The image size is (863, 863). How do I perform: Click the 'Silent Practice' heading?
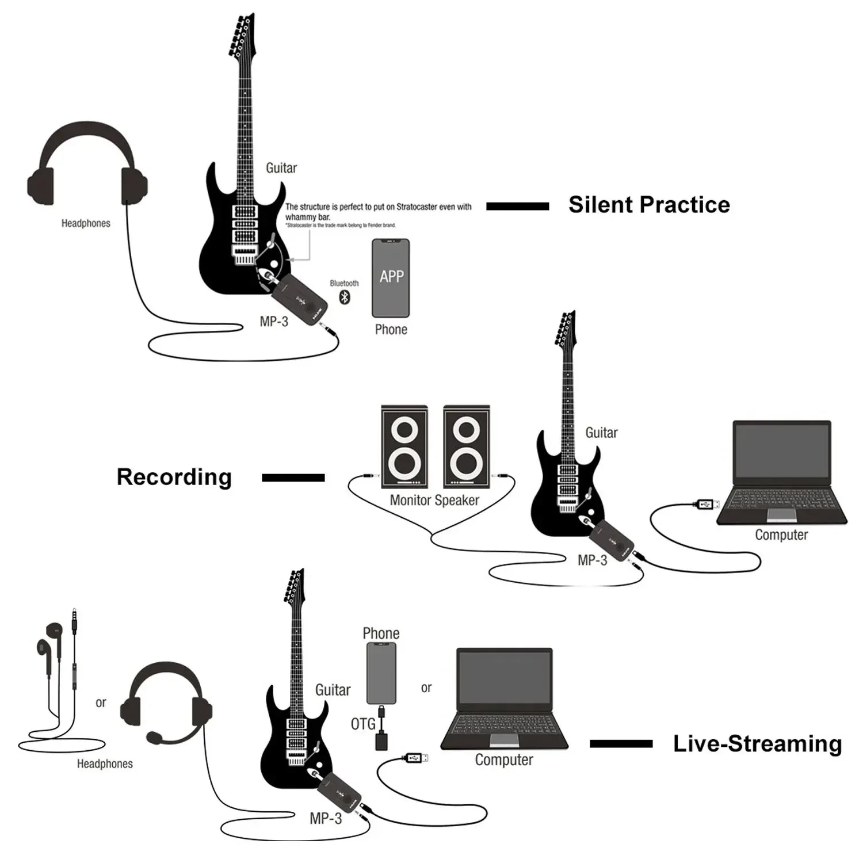[x=649, y=205]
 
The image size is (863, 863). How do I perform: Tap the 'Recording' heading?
[x=174, y=477]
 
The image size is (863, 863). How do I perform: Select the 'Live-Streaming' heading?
[x=757, y=743]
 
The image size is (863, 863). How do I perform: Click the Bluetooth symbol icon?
[x=345, y=297]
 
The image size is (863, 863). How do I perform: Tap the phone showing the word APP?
[x=391, y=278]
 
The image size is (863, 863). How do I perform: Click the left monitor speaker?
[x=404, y=446]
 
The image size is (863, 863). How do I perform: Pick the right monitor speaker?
[x=467, y=446]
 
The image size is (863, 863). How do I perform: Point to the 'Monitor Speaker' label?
[x=434, y=501]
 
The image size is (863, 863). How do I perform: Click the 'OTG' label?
[x=363, y=724]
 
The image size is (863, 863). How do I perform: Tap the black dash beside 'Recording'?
[x=293, y=478]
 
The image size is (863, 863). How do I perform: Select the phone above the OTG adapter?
[x=381, y=673]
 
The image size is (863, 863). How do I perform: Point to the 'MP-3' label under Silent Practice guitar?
[x=274, y=322]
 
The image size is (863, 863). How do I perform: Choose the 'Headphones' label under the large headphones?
[x=86, y=223]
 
